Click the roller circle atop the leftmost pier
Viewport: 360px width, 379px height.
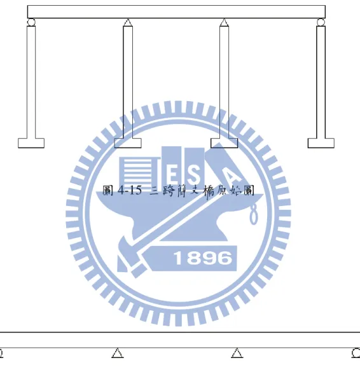pyautogui.click(x=31, y=22)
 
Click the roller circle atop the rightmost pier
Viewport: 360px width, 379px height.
pyautogui.click(x=321, y=22)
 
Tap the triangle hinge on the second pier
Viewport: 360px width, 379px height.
pyautogui.click(x=128, y=22)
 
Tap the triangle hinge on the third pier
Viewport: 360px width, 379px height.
pyautogui.click(x=224, y=22)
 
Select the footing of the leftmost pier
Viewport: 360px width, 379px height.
pyautogui.click(x=31, y=143)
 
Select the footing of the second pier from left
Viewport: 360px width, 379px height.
pyautogui.click(x=128, y=143)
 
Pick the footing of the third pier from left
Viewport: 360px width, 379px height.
pyautogui.click(x=224, y=143)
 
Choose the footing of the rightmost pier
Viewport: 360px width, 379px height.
pyautogui.click(x=321, y=143)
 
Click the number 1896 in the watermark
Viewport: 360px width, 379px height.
pyautogui.click(x=202, y=258)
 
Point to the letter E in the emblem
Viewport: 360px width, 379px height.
pyautogui.click(x=172, y=174)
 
